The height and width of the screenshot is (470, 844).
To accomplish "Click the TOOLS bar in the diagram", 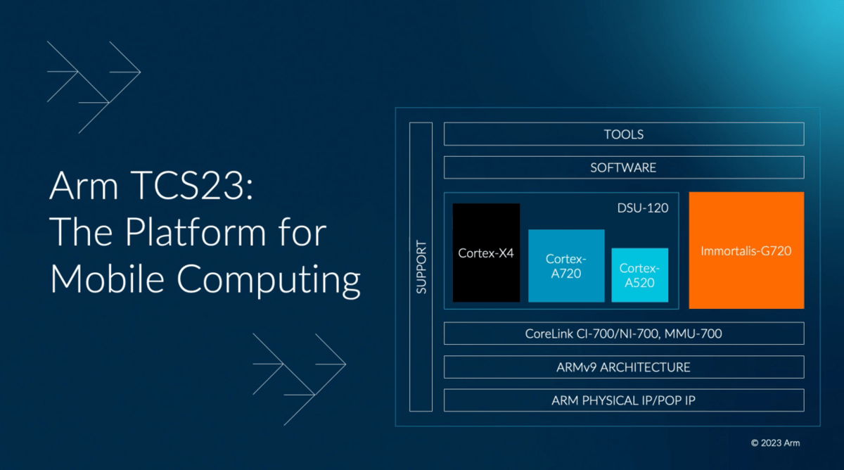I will pos(623,134).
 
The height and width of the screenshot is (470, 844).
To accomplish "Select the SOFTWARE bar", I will pos(623,167).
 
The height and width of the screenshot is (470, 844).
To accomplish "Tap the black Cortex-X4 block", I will pos(486,253).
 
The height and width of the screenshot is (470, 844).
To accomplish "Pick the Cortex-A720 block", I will pos(566,266).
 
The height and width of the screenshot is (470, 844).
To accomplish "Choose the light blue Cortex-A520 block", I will pos(639,275).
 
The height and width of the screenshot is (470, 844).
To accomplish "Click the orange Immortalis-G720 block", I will pos(746,250).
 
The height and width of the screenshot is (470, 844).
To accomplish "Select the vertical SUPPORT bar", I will pos(421,267).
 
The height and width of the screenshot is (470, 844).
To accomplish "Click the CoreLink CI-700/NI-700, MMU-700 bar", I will pos(623,334).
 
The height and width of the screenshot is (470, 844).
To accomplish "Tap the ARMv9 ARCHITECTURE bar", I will pos(623,367).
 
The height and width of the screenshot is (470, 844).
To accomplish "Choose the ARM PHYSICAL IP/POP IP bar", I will pos(623,400).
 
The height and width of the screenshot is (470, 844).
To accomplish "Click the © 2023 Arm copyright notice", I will pos(775,443).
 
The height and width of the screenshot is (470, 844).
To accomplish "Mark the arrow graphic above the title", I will pos(94,87).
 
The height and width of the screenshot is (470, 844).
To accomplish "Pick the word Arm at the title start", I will pos(79,188).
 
